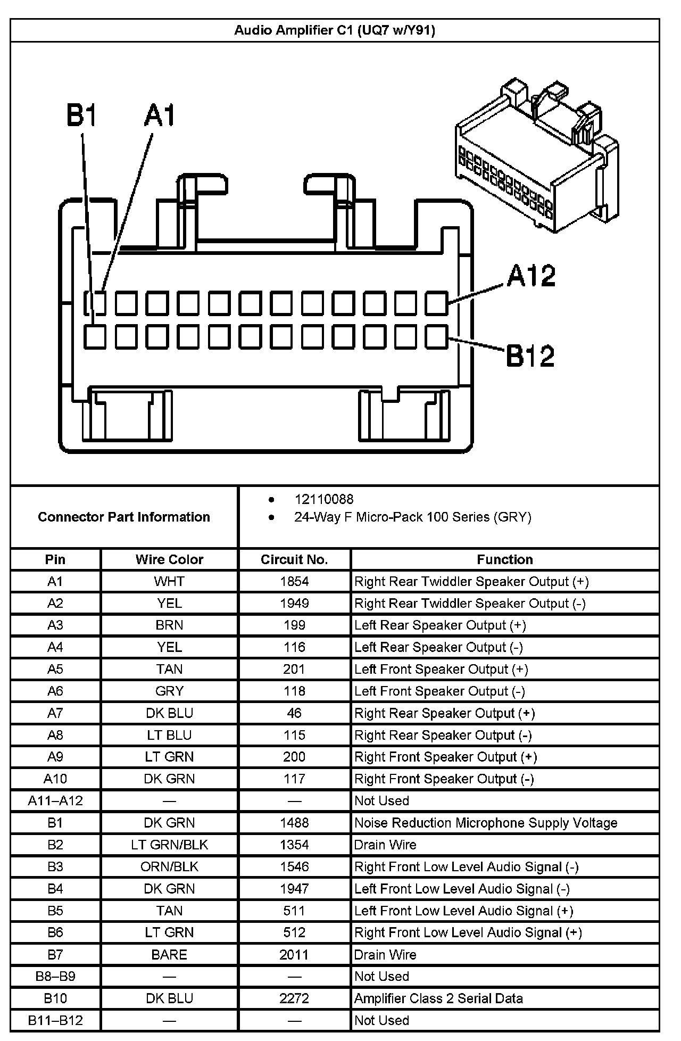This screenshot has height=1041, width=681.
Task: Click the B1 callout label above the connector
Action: click(81, 116)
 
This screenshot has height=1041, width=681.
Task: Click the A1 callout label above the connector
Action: click(159, 116)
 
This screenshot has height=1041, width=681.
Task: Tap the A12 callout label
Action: click(530, 276)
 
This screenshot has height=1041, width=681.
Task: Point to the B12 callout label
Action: click(530, 356)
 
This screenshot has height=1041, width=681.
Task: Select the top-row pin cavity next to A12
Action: click(436, 303)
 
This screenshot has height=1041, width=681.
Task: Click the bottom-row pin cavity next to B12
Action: click(436, 337)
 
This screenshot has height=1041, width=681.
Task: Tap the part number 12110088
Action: click(324, 499)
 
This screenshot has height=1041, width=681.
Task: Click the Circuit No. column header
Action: click(294, 559)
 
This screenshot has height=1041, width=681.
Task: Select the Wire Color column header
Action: click(169, 559)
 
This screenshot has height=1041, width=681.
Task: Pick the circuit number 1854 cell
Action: click(294, 581)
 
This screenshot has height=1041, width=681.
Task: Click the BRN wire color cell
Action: click(169, 625)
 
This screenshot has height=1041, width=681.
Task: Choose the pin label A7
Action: click(55, 713)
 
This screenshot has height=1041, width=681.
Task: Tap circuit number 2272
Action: click(294, 998)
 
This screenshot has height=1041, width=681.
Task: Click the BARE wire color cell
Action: click(169, 955)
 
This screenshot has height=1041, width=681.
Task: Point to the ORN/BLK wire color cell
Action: click(169, 867)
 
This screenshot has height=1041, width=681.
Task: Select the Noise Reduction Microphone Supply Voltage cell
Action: click(486, 823)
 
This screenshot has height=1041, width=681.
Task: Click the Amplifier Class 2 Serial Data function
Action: click(438, 998)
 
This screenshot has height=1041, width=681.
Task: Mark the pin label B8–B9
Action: click(55, 977)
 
